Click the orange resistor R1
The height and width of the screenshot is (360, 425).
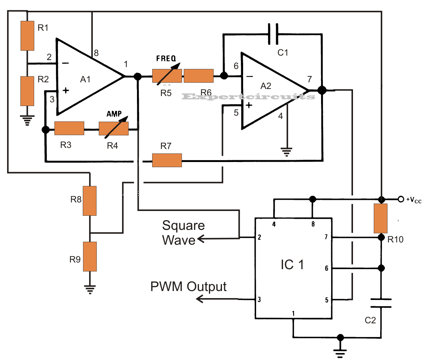point(27,36)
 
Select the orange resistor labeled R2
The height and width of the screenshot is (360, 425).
point(27,91)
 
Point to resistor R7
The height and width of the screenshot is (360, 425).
point(167,160)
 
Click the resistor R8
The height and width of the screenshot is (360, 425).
point(89,201)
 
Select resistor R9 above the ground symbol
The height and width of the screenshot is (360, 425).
point(89,256)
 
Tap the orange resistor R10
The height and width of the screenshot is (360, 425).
point(381,218)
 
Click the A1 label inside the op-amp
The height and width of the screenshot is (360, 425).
point(86,80)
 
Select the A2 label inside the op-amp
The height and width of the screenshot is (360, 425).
point(266,86)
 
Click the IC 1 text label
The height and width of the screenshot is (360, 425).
point(292,265)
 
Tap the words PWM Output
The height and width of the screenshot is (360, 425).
point(188,287)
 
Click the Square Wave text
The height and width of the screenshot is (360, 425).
point(183,232)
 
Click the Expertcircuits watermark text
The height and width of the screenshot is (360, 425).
point(249,97)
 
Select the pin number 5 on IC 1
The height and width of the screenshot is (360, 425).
point(326,300)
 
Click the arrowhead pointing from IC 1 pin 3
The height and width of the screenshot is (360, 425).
point(200,299)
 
